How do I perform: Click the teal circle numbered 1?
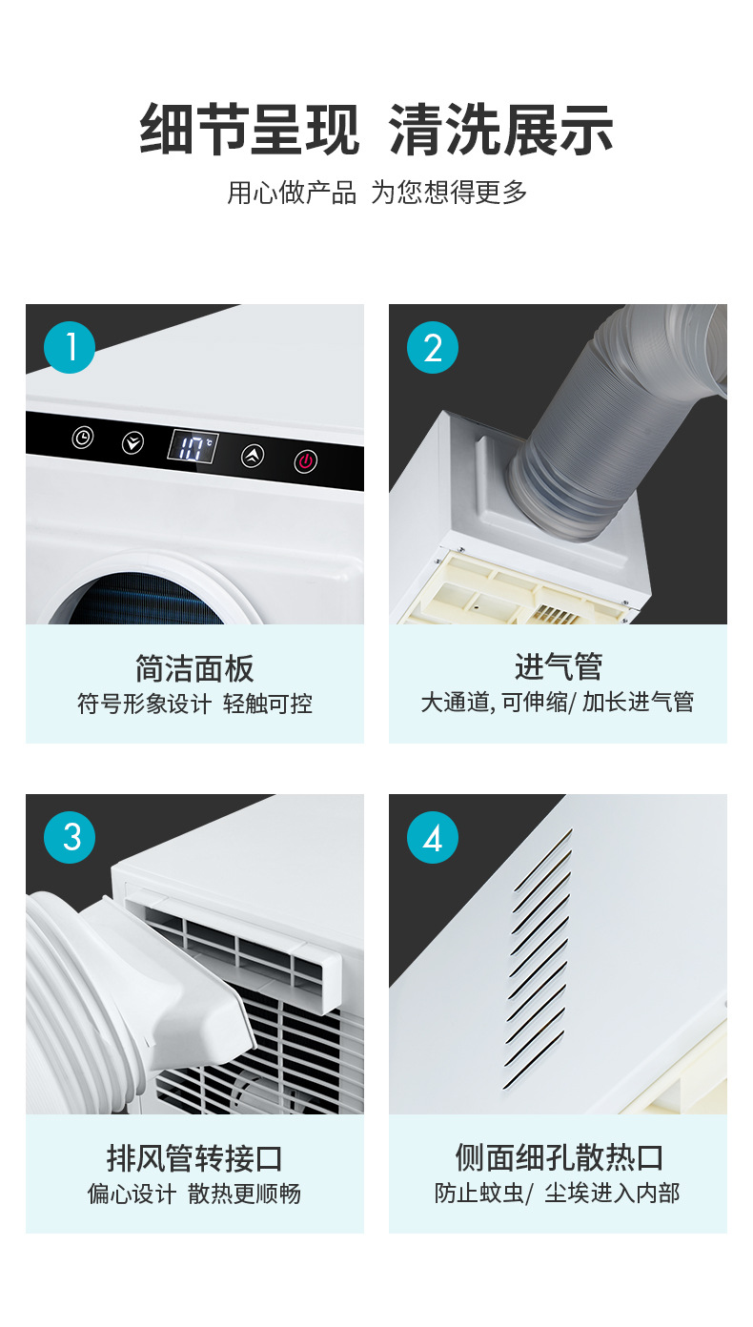pos(70,347)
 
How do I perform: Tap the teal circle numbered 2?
pos(433,347)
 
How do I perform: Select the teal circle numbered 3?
pos(70,837)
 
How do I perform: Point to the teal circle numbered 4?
pos(433,837)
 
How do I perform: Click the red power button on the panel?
pos(306,460)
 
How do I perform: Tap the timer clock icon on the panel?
pos(82,438)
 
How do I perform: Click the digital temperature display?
pos(193,447)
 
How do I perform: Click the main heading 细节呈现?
pos(250,129)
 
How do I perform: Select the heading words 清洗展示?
pos(500,129)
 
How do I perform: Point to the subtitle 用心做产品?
pos(292,193)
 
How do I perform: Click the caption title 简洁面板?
pos(194,668)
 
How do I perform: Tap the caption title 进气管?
pos(559,666)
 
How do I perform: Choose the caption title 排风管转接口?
pos(194,1158)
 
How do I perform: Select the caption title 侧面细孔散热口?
pos(559,1157)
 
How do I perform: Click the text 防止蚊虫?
pos(478,1194)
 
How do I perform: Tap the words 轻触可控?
pos(268,704)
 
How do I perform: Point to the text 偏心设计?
pos(132,1194)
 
